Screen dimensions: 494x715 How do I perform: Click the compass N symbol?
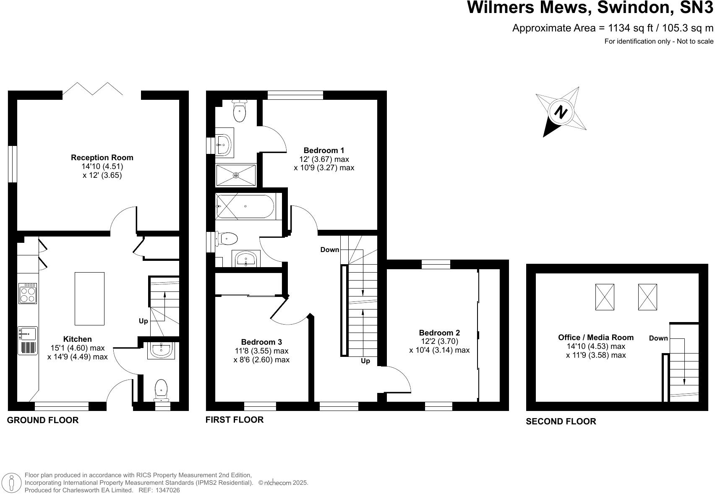(x=561, y=112)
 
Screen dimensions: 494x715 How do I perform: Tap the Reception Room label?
(x=102, y=158)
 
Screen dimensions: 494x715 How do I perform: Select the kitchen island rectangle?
(x=89, y=299)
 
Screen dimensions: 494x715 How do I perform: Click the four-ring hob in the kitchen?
(x=28, y=293)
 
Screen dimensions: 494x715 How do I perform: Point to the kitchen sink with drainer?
(x=28, y=340)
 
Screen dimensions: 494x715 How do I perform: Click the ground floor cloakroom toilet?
(x=161, y=389)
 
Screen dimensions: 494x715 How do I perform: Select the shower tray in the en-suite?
(x=236, y=175)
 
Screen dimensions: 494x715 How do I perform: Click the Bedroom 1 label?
(x=324, y=150)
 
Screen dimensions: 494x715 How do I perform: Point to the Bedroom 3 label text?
(x=261, y=342)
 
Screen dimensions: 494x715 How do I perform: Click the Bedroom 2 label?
(x=439, y=333)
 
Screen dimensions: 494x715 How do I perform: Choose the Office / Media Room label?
(x=595, y=337)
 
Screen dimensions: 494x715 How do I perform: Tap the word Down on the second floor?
(x=658, y=338)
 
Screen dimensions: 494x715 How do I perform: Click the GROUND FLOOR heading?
(x=43, y=420)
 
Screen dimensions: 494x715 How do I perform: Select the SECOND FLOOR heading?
(x=561, y=421)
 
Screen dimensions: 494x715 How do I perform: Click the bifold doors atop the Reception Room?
(x=93, y=89)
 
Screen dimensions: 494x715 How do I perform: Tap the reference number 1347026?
(x=167, y=490)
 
